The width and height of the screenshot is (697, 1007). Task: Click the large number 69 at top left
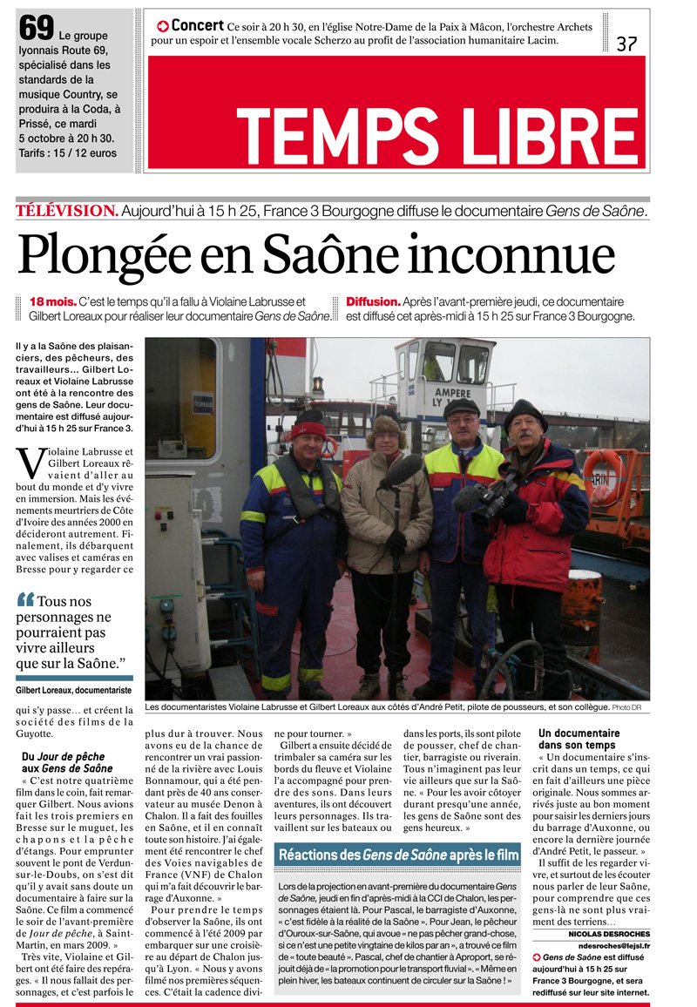pos(37,29)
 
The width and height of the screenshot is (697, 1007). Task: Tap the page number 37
pos(626,44)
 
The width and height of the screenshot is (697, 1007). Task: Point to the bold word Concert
pos(199,26)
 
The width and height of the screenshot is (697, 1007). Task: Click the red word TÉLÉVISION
pos(66,210)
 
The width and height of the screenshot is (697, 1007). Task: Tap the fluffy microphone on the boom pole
pos(401,471)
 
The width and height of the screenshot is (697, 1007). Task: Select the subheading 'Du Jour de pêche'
pos(67,761)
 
